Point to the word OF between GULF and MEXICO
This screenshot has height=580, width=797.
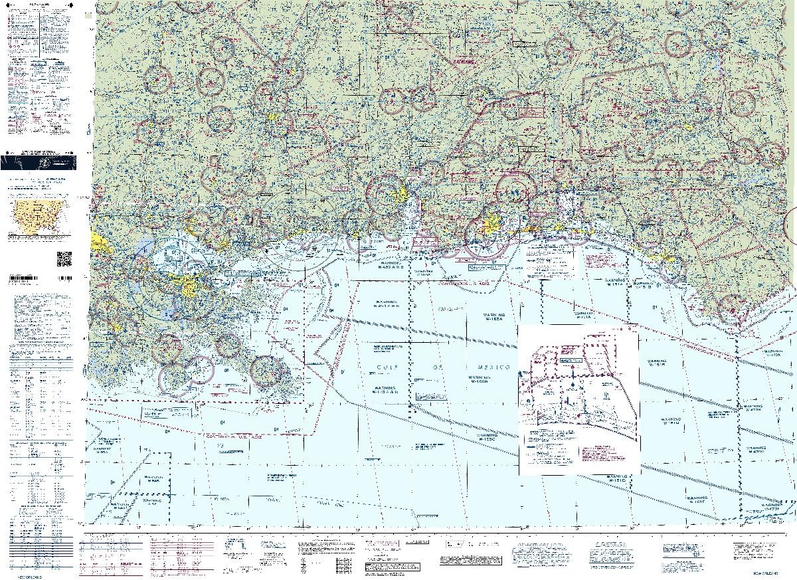click(x=440, y=367)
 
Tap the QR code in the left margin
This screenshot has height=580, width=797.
click(x=64, y=258)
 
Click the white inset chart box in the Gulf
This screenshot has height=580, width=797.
click(x=578, y=399)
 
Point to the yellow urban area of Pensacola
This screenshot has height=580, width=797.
click(x=492, y=224)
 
